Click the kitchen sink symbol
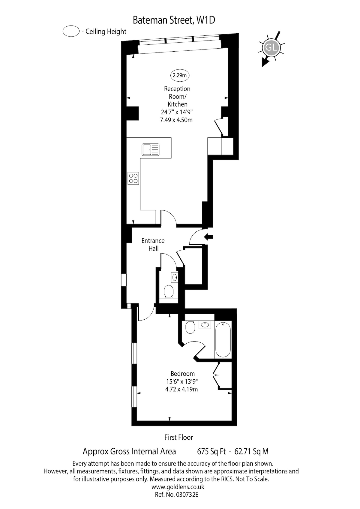point(151,149)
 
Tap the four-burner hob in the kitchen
point(133,178)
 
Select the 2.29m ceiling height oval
point(180,75)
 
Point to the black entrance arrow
point(208,237)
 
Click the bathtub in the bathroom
point(223,340)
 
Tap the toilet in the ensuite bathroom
point(190,327)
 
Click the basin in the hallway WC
point(174,277)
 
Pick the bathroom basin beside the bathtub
point(205,325)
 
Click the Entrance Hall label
point(153,245)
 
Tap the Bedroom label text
point(183,374)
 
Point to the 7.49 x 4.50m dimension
point(176,120)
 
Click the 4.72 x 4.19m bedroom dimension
point(181,389)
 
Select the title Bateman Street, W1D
point(174,20)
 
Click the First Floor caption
point(179,437)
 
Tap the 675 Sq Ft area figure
point(211,451)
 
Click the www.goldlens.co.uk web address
point(178,487)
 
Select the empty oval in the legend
point(71,31)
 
